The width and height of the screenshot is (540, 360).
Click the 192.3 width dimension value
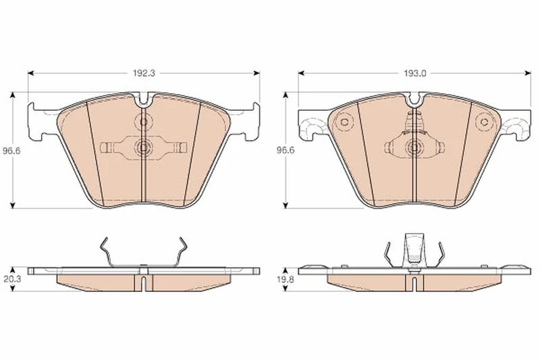144,73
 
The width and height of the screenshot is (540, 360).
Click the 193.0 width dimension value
415,73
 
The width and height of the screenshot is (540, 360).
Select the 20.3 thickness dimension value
12,279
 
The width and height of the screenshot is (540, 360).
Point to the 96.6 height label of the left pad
11,151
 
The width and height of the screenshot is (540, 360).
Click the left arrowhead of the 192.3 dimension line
30,73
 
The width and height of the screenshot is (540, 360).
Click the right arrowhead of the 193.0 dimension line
528,73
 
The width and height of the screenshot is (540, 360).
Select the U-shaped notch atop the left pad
144,100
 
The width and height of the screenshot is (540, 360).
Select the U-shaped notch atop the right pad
414,100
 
